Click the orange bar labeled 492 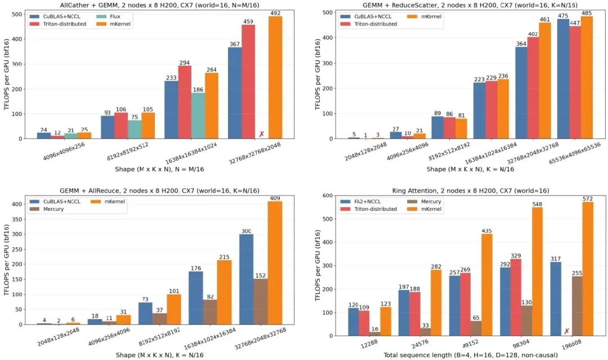point(275,77)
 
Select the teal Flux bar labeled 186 point(198,115)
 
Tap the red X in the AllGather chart point(261,134)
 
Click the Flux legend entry point(109,17)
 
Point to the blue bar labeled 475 point(563,79)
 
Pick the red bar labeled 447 point(575,82)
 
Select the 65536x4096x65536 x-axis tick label point(575,153)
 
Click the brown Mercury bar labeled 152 point(261,301)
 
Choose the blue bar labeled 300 point(246,279)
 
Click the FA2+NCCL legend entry point(362,202)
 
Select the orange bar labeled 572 point(588,269)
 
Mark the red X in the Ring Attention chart point(566,331)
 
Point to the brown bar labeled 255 point(577,306)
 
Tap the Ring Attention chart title point(470,191)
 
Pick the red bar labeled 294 point(185,102)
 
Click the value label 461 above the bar point(545,19)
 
